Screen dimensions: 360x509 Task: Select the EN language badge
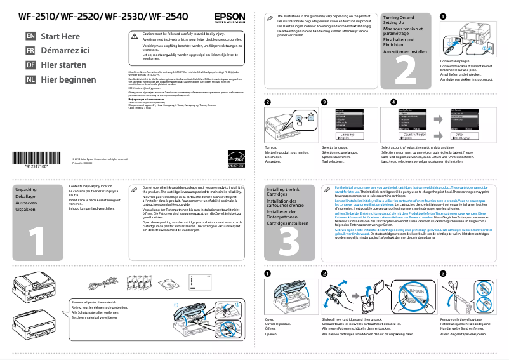[30, 37]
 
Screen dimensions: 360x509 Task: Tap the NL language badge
[30, 79]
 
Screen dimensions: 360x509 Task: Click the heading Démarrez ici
[65, 51]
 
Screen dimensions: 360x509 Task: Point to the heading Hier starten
[63, 65]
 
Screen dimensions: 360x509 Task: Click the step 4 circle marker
[393, 102]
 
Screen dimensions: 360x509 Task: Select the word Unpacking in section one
[26, 190]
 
